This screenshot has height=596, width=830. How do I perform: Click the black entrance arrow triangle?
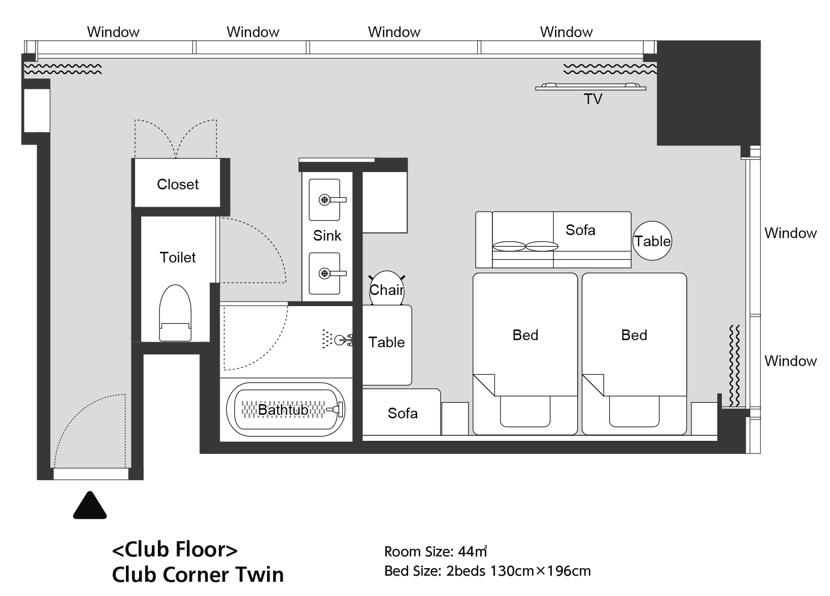click(90, 506)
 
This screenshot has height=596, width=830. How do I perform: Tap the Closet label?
click(178, 184)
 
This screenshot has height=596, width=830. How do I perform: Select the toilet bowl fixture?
click(175, 313)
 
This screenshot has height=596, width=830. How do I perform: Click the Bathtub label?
click(283, 410)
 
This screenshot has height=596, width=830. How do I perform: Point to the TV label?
click(593, 99)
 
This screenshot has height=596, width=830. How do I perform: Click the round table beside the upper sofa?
click(652, 241)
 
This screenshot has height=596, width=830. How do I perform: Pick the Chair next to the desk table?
click(386, 288)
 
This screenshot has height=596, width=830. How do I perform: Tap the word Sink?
click(327, 236)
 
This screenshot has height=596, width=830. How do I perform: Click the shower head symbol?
click(337, 339)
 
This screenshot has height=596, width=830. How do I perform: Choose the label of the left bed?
click(525, 335)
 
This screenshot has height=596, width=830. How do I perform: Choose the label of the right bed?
click(634, 335)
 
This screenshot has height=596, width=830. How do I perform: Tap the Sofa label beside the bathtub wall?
click(403, 413)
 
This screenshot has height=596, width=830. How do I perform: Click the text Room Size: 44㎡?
click(436, 551)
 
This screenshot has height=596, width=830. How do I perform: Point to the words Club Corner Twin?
click(198, 575)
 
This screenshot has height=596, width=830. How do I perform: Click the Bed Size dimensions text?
click(487, 571)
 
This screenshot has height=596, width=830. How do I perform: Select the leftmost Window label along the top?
click(113, 32)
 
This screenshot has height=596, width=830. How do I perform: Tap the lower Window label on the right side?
click(790, 361)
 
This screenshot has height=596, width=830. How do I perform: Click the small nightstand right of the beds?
click(704, 418)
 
